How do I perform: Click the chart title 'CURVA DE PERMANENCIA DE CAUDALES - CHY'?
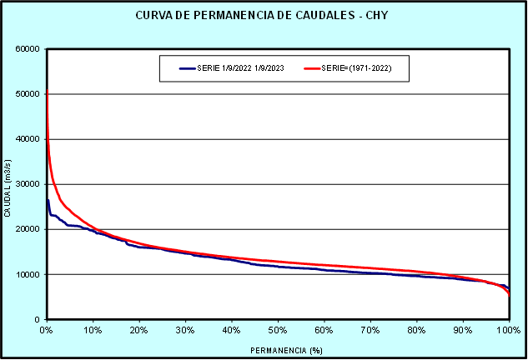click(264, 16)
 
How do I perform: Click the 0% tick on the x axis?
click(47, 330)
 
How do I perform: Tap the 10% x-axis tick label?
click(93, 330)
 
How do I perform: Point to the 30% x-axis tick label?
click(185, 330)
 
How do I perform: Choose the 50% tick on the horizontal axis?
click(278, 330)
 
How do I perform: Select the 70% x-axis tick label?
click(370, 330)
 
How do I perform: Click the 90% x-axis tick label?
click(462, 330)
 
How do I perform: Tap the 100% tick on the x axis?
click(507, 330)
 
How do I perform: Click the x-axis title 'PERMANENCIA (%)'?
click(276, 351)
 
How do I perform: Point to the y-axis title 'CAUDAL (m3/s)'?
click(8, 184)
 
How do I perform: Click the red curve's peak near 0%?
click(47, 90)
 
